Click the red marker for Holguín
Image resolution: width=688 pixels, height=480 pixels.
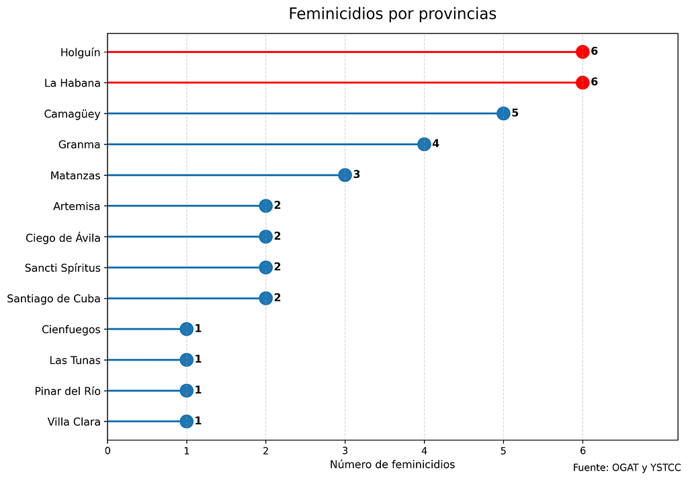click(x=583, y=52)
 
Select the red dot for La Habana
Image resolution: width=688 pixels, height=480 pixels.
click(x=583, y=83)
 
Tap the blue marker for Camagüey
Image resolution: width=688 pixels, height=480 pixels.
click(x=503, y=113)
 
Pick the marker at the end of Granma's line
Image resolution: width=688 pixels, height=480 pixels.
click(x=424, y=144)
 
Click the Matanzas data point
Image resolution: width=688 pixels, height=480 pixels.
click(x=345, y=175)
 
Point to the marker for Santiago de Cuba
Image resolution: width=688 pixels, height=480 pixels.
click(x=265, y=298)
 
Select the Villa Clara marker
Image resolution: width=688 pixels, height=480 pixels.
click(x=186, y=422)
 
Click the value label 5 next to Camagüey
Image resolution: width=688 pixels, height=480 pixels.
click(x=515, y=113)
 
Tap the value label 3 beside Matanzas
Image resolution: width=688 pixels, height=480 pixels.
click(x=357, y=175)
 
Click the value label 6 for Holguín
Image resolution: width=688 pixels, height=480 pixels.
click(x=594, y=51)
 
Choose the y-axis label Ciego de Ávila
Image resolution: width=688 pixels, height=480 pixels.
click(x=62, y=237)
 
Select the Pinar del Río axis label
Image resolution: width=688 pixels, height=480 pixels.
click(x=67, y=391)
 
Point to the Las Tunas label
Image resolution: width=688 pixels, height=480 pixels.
click(x=75, y=361)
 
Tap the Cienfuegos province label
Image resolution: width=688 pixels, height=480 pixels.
click(x=71, y=330)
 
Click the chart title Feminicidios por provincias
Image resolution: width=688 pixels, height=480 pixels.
click(x=392, y=14)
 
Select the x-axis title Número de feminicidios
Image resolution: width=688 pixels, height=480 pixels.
click(x=392, y=465)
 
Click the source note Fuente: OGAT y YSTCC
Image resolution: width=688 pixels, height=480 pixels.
click(x=627, y=467)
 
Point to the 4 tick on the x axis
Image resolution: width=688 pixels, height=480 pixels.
click(x=424, y=451)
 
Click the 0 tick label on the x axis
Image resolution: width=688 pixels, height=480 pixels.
click(x=107, y=451)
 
